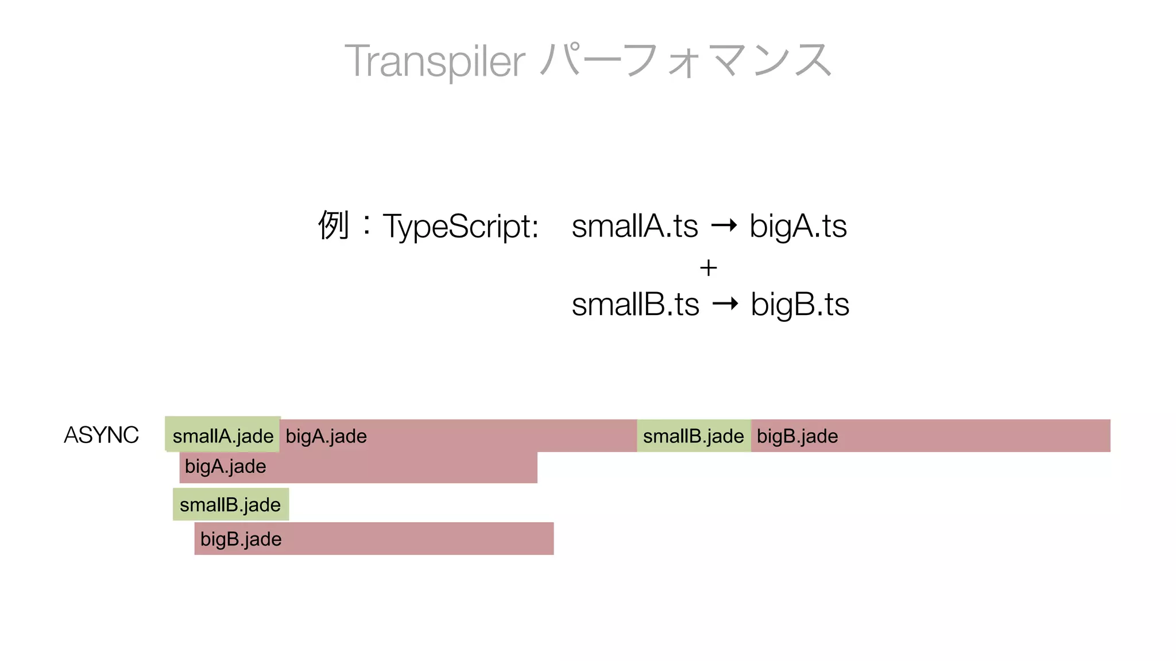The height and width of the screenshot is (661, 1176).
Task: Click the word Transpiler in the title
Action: (x=435, y=61)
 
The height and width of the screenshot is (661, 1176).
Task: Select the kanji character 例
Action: (x=334, y=225)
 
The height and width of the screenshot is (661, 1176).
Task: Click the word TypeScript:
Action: (x=461, y=226)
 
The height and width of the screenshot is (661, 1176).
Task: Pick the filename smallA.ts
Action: (x=635, y=226)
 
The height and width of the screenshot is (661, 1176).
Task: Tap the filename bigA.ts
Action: (x=798, y=226)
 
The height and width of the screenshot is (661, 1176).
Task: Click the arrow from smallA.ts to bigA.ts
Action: (x=724, y=225)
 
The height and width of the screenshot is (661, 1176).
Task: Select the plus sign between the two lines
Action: (x=709, y=268)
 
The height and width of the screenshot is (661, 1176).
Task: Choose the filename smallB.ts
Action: (x=635, y=304)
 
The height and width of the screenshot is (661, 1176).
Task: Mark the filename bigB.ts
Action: (x=800, y=304)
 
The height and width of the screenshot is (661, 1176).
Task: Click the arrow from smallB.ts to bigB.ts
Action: (x=725, y=304)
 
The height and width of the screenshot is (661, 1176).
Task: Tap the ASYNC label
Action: (x=101, y=435)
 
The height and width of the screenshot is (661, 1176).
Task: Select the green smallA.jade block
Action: (x=223, y=435)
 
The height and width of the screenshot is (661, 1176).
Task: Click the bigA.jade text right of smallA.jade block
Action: (x=326, y=436)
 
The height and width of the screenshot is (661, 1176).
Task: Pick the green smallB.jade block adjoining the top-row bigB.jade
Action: (x=693, y=436)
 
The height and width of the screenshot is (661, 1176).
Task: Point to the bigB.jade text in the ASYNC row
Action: (x=797, y=436)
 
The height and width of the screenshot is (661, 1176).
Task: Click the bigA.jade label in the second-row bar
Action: (x=225, y=466)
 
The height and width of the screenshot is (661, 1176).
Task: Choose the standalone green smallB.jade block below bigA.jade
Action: (x=230, y=504)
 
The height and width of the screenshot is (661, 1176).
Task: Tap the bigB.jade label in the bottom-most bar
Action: (x=241, y=539)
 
